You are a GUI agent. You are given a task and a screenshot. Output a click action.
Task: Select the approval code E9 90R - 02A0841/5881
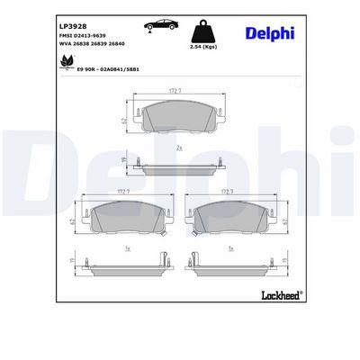point(95,68)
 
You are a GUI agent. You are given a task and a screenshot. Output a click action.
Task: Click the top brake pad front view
point(179,117)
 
